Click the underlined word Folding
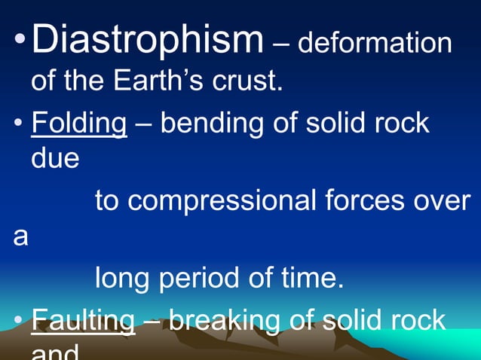coord(78,124)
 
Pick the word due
coord(55,158)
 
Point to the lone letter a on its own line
coord(21,236)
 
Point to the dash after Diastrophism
coord(280,44)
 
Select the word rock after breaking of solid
coord(417,320)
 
